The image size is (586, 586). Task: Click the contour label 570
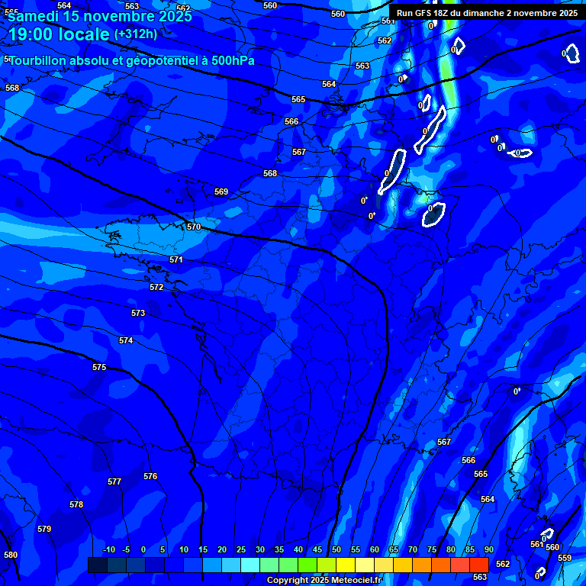194,227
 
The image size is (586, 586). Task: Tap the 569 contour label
221,192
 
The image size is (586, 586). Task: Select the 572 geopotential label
156,287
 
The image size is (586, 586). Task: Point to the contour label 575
99,367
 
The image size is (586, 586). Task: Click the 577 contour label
114,481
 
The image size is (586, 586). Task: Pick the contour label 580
11,555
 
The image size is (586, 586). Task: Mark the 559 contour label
565,558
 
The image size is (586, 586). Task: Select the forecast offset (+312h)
136,34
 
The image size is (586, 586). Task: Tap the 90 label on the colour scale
488,550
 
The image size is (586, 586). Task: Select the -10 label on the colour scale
108,550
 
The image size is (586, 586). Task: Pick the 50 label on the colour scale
336,550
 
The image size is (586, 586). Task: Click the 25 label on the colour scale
241,550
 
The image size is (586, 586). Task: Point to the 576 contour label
150,476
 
